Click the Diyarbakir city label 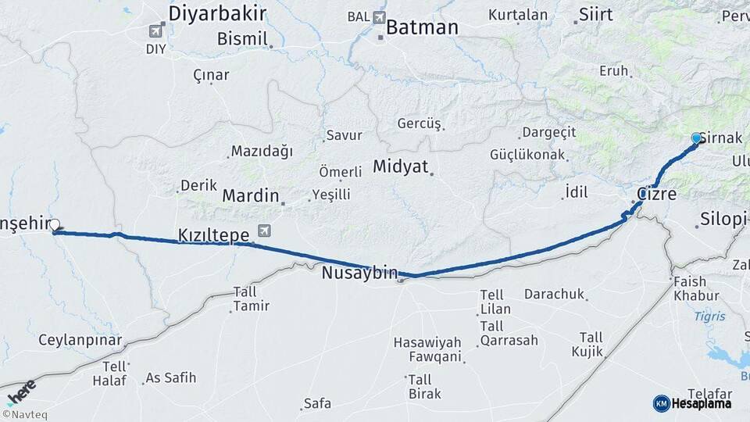pyautogui.click(x=217, y=13)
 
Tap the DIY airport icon pyautogui.click(x=155, y=31)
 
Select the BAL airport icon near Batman pyautogui.click(x=380, y=17)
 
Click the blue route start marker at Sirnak pyautogui.click(x=697, y=138)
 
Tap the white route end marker pyautogui.click(x=55, y=224)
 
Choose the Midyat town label pyautogui.click(x=400, y=166)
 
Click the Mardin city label pyautogui.click(x=250, y=195)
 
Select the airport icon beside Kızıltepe pyautogui.click(x=265, y=231)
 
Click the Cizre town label pyautogui.click(x=656, y=194)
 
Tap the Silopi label pyautogui.click(x=723, y=218)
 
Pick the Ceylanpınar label pyautogui.click(x=80, y=341)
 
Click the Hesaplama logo pyautogui.click(x=692, y=403)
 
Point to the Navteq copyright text pyautogui.click(x=24, y=415)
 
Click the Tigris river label pyautogui.click(x=709, y=316)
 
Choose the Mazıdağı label pyautogui.click(x=262, y=152)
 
